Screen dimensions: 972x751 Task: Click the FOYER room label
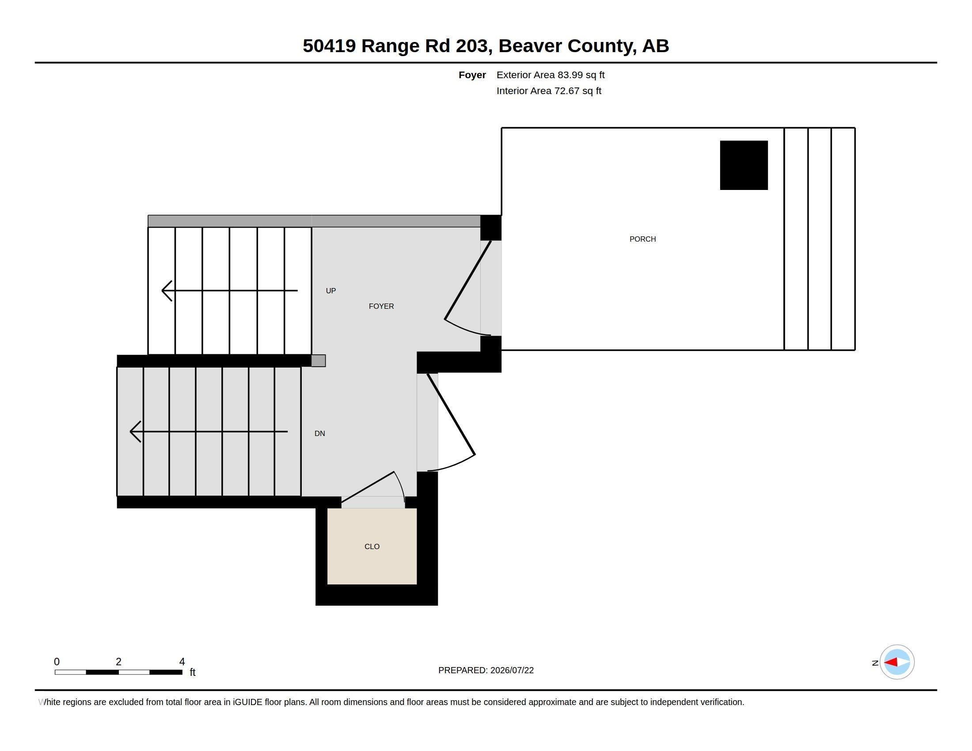pos(381,306)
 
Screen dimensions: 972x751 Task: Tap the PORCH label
pos(642,239)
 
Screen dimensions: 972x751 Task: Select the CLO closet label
pos(372,546)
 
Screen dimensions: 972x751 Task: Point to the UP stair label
pos(330,291)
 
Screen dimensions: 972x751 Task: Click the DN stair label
pos(319,433)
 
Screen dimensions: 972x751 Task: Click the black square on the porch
pos(744,165)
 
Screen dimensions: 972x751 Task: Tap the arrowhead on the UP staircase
pos(167,291)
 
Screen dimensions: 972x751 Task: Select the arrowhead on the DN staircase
pos(135,432)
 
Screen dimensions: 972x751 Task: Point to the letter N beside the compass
pos(875,663)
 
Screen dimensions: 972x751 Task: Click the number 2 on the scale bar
pos(118,662)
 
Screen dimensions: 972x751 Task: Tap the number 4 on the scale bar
pos(182,662)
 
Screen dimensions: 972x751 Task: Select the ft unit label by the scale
pos(192,672)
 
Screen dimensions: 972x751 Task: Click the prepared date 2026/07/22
pos(512,670)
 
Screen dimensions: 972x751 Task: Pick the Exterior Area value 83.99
pos(570,75)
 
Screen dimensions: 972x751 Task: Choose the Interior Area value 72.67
pos(566,91)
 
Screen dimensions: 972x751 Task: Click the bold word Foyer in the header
pos(472,75)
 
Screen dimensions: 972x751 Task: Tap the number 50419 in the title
pos(329,46)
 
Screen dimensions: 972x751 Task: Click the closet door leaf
pos(368,487)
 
